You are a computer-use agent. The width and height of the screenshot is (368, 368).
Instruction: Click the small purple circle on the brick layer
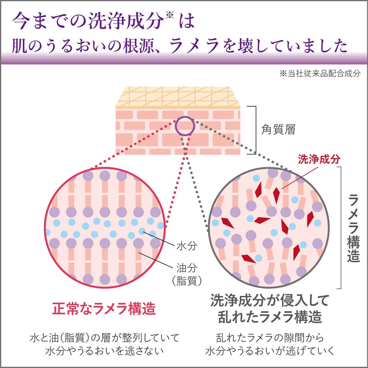184,125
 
